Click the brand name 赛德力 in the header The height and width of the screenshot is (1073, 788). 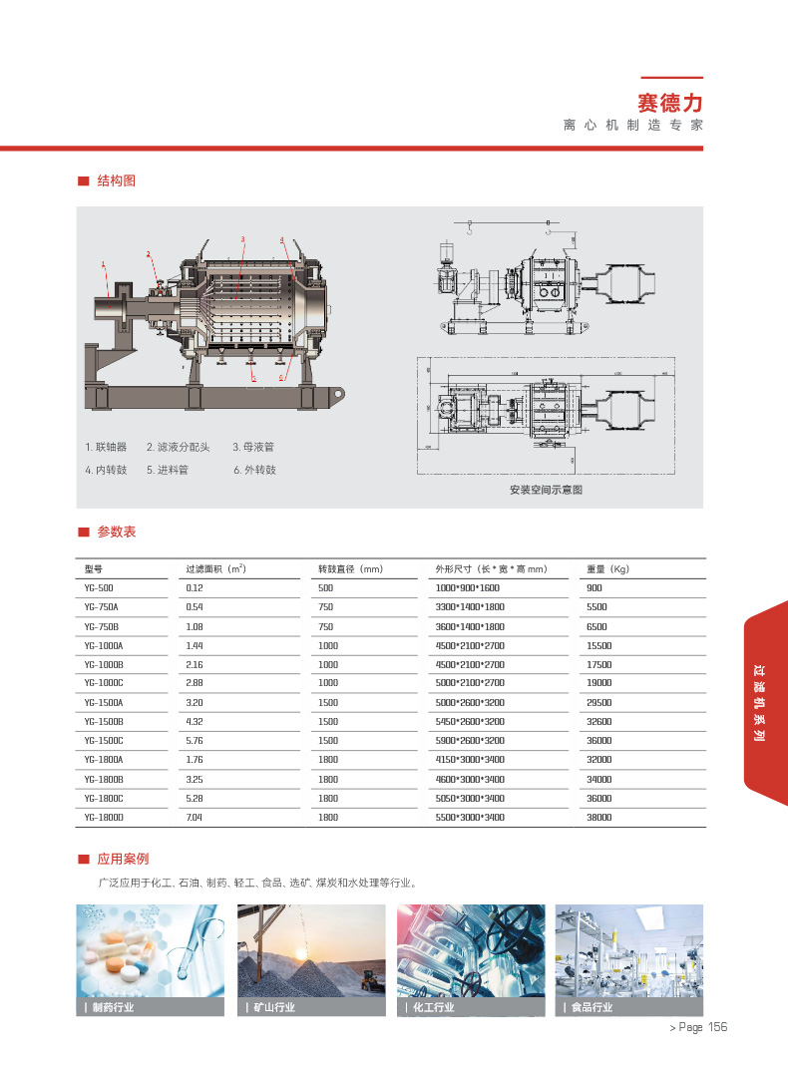tap(670, 102)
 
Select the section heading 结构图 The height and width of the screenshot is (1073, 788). tap(116, 180)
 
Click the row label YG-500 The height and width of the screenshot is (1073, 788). tap(100, 588)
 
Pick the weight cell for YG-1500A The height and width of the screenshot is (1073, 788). tap(599, 702)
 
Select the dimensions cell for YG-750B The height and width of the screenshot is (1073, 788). tap(471, 626)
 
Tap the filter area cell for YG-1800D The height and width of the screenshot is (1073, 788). tap(196, 817)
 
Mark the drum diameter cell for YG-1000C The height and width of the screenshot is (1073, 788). tap(328, 683)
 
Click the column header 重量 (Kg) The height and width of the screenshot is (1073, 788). tap(607, 569)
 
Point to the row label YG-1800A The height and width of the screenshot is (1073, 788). tap(104, 760)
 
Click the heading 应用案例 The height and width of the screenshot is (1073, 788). tap(123, 859)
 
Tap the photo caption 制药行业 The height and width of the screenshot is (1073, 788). tap(112, 1007)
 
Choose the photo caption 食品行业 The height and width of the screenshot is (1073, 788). tap(591, 1007)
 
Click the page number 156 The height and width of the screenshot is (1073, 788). tap(717, 1028)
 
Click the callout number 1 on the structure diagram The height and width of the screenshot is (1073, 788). tap(103, 264)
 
